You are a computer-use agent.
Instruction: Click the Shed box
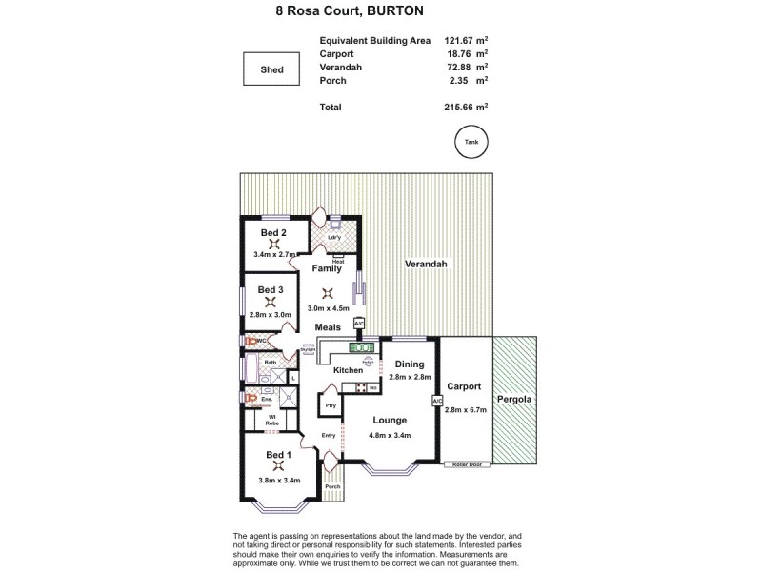point(272,69)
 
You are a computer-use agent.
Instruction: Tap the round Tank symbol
point(471,143)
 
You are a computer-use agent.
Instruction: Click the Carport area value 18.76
point(460,54)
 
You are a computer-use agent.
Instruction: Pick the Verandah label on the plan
point(425,264)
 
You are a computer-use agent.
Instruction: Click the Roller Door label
point(466,464)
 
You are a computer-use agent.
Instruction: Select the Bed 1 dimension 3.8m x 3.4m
point(277,481)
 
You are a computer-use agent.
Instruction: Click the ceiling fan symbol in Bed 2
point(274,244)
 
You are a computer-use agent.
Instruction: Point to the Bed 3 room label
point(273,289)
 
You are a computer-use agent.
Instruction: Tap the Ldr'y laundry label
point(334,237)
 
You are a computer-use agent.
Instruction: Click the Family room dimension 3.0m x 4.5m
point(328,308)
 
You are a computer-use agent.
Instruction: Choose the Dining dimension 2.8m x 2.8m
point(410,378)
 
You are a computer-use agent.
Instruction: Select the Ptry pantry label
point(331,405)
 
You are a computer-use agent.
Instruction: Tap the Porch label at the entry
point(332,486)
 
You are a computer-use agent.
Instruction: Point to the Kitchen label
point(348,369)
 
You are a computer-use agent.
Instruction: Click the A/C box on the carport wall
point(437,402)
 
